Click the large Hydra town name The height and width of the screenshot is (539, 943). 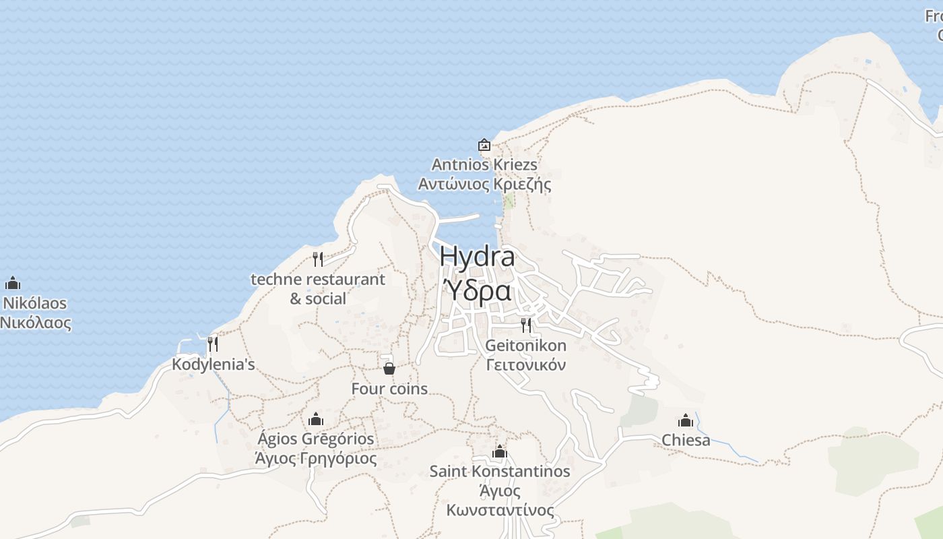coord(477,257)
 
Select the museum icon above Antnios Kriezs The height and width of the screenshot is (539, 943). coord(484,145)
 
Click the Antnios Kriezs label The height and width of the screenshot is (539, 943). coord(484,164)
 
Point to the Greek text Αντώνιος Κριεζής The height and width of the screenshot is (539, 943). coord(484,184)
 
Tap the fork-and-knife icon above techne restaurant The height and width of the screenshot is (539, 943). coord(318,259)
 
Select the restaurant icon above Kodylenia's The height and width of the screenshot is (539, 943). coord(213,344)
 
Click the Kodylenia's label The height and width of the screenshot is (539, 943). coord(214,364)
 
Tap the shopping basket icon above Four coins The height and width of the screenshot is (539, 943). coord(389,369)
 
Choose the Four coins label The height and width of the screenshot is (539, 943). coord(389,389)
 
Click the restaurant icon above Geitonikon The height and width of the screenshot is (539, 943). coord(526,325)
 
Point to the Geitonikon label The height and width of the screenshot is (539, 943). coord(526,346)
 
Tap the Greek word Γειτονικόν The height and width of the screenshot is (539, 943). coord(526,365)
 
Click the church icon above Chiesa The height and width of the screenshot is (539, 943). coord(686,421)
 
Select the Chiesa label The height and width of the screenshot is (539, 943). coord(686,441)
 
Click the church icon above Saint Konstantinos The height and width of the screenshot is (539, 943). coord(499,451)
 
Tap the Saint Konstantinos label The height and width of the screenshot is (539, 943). coord(500,472)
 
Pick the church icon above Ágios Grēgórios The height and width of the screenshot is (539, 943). coord(316,420)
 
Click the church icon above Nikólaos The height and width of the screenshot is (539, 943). coord(13,284)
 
